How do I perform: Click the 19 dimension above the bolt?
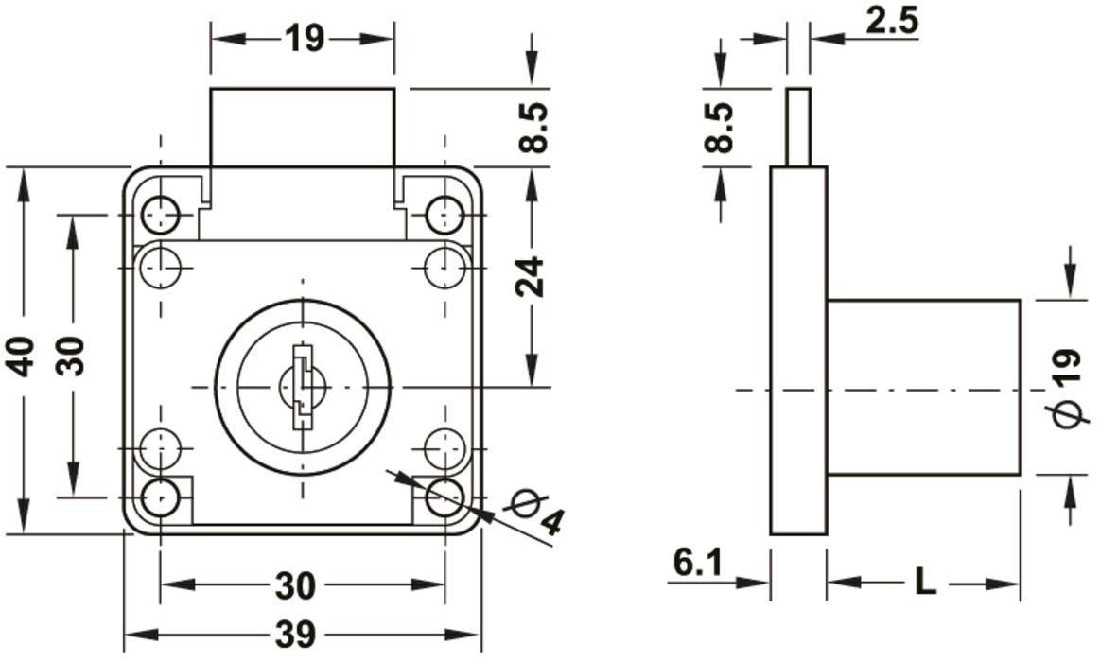tap(303, 39)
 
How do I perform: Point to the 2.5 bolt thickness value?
tap(891, 21)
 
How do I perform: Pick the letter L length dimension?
tap(926, 583)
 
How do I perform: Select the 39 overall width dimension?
tap(299, 635)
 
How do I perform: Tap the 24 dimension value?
tap(533, 276)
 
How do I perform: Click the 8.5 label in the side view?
tap(721, 128)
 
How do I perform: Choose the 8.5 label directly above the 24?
tap(533, 128)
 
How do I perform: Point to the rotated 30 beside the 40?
tap(72, 355)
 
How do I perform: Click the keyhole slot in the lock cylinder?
tap(302, 387)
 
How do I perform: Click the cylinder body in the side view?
tap(924, 387)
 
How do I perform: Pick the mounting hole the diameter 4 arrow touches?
tap(443, 497)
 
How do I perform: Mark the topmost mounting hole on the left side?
tap(161, 214)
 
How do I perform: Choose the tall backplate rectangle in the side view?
tap(798, 350)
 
